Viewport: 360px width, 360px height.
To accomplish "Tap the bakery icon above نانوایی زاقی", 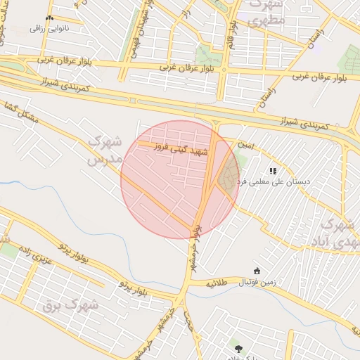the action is coord(49,18).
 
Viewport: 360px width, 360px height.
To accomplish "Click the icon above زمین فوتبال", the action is coord(257,271).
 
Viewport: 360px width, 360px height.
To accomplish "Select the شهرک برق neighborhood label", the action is coord(70,306).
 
